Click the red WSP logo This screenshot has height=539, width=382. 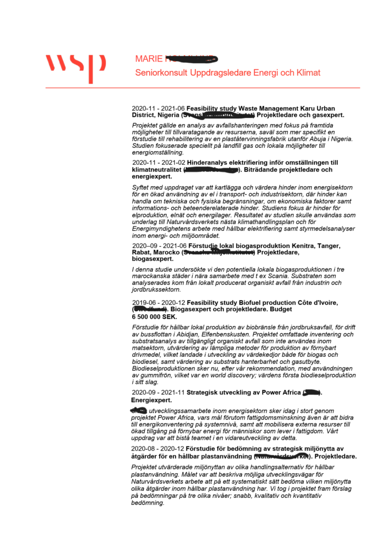[x=75, y=66]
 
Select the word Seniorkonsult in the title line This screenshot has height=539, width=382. [x=159, y=73]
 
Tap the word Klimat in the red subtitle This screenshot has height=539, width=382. [x=307, y=73]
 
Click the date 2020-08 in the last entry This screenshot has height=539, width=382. [x=142, y=448]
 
